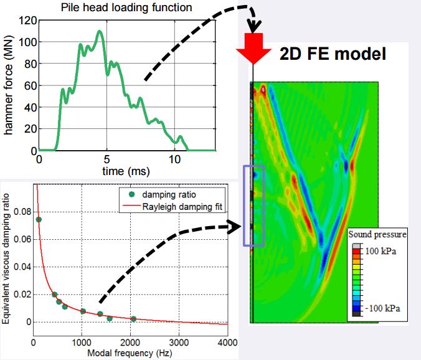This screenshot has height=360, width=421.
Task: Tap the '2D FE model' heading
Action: [334, 55]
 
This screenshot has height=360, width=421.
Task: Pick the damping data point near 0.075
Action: [39, 219]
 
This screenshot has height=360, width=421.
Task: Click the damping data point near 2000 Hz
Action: [133, 319]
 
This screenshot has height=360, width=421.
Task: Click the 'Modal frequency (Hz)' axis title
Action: [129, 353]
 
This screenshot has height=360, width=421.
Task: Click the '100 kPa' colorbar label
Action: [380, 252]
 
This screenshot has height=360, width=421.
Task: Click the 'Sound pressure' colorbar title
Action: [377, 235]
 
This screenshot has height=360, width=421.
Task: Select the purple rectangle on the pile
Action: [253, 205]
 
